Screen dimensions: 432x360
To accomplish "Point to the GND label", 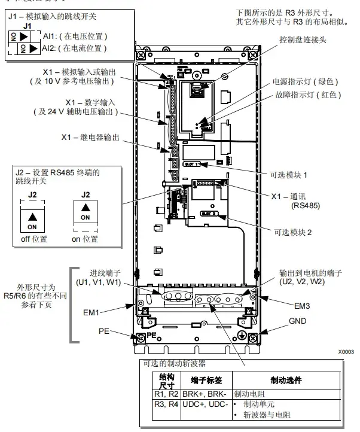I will (297, 321).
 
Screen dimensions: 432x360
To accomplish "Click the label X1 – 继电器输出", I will (90, 137).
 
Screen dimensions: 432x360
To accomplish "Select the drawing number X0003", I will (346, 352).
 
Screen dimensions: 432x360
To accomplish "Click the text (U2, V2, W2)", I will (303, 281).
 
